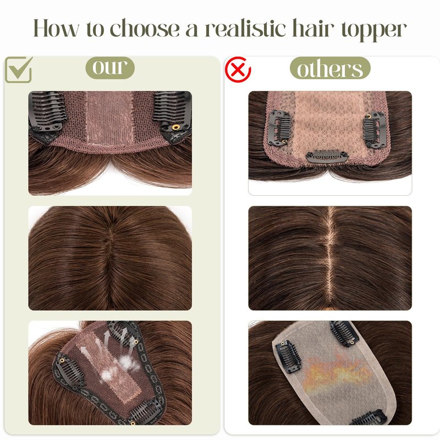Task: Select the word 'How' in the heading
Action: (56, 28)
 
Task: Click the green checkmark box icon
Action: (19, 70)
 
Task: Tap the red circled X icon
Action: (238, 70)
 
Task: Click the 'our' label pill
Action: (110, 68)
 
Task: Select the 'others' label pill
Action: (330, 68)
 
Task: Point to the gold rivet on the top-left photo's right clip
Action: (175, 128)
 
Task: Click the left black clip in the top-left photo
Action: (47, 111)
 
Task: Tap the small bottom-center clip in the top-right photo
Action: (327, 156)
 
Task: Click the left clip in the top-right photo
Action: (280, 128)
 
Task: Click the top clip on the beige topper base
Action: (344, 333)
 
